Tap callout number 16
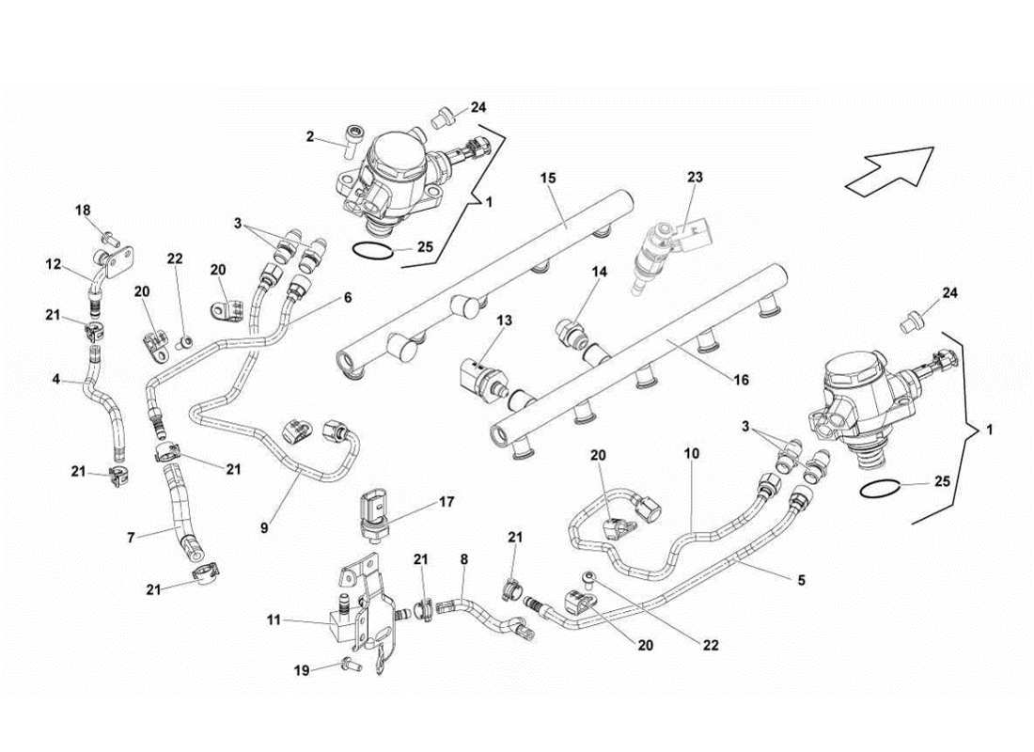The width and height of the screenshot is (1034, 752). point(742,380)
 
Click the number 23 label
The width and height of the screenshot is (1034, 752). point(695,177)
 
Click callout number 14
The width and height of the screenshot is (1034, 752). point(599,272)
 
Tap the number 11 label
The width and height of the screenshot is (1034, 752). point(274,621)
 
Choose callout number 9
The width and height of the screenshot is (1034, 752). point(264,528)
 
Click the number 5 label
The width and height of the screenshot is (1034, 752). point(801,581)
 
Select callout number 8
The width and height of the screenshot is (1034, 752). point(463,558)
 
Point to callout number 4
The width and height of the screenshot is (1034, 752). point(55,380)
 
